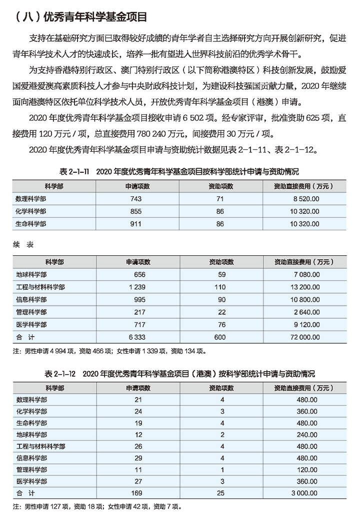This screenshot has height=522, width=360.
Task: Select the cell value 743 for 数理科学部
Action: [136, 199]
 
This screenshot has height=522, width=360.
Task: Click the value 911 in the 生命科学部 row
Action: [136, 224]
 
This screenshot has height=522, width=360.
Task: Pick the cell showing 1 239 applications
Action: [136, 287]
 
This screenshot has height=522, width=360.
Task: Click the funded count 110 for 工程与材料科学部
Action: [220, 287]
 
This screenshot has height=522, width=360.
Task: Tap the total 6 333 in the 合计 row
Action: [136, 338]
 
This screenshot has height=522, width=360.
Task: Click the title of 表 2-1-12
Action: [179, 374]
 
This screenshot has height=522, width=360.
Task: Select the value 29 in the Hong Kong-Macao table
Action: [138, 457]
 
